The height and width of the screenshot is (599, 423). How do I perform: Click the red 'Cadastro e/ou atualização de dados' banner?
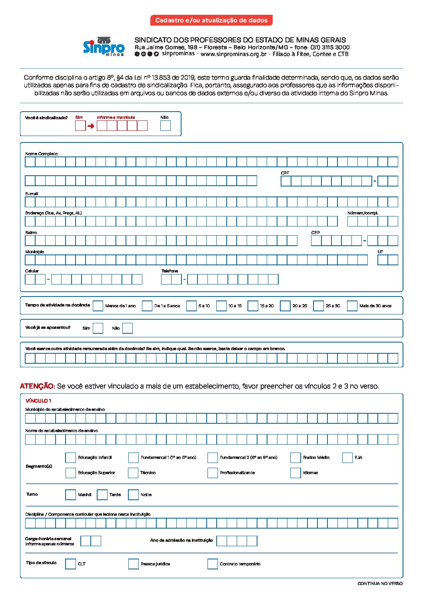211,20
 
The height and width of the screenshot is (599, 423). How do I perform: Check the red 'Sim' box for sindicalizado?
80,126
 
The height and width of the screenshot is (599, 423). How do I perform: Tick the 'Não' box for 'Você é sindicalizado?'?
166,126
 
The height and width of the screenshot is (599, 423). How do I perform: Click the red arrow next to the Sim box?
91,126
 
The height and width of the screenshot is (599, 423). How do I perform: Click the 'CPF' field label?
285,173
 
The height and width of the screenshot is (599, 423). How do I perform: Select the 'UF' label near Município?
380,252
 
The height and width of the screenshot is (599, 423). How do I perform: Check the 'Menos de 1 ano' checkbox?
98,306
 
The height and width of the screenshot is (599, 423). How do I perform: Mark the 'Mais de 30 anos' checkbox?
352,306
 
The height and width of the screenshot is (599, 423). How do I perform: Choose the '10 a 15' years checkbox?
221,306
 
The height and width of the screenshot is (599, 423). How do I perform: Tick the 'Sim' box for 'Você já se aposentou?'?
98,328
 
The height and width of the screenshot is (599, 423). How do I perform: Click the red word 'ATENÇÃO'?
37,386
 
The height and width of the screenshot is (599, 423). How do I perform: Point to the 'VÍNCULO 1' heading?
38,401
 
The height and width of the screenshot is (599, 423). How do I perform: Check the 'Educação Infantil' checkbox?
70,457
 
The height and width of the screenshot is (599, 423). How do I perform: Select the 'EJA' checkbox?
347,457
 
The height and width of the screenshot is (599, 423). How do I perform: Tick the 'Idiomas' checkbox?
295,473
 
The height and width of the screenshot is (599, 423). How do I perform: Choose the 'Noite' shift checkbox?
133,495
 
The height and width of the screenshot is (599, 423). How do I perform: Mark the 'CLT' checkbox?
70,564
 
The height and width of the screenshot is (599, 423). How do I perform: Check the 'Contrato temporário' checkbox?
212,564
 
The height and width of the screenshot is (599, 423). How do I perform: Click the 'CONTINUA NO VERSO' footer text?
380,583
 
